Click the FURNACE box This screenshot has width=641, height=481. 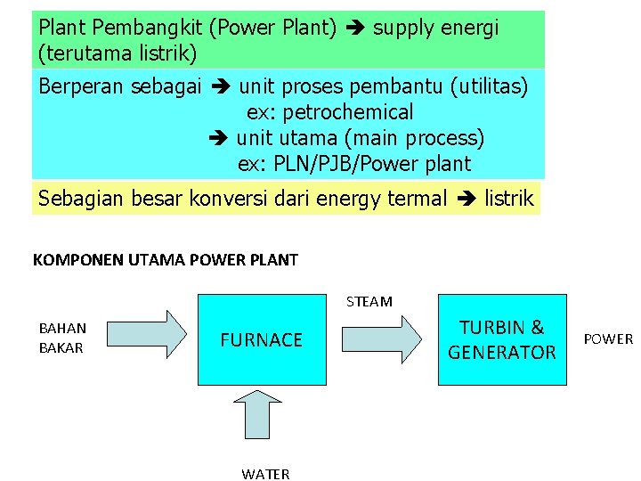click(262, 339)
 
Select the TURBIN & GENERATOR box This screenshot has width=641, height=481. click(502, 339)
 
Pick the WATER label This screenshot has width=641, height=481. click(265, 474)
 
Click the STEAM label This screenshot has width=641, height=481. click(369, 301)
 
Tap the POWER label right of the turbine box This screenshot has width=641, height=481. click(608, 338)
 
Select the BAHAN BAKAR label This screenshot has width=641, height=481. click(61, 338)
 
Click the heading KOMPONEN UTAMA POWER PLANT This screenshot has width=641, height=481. click(165, 260)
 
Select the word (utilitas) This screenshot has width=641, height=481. click(490, 86)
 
